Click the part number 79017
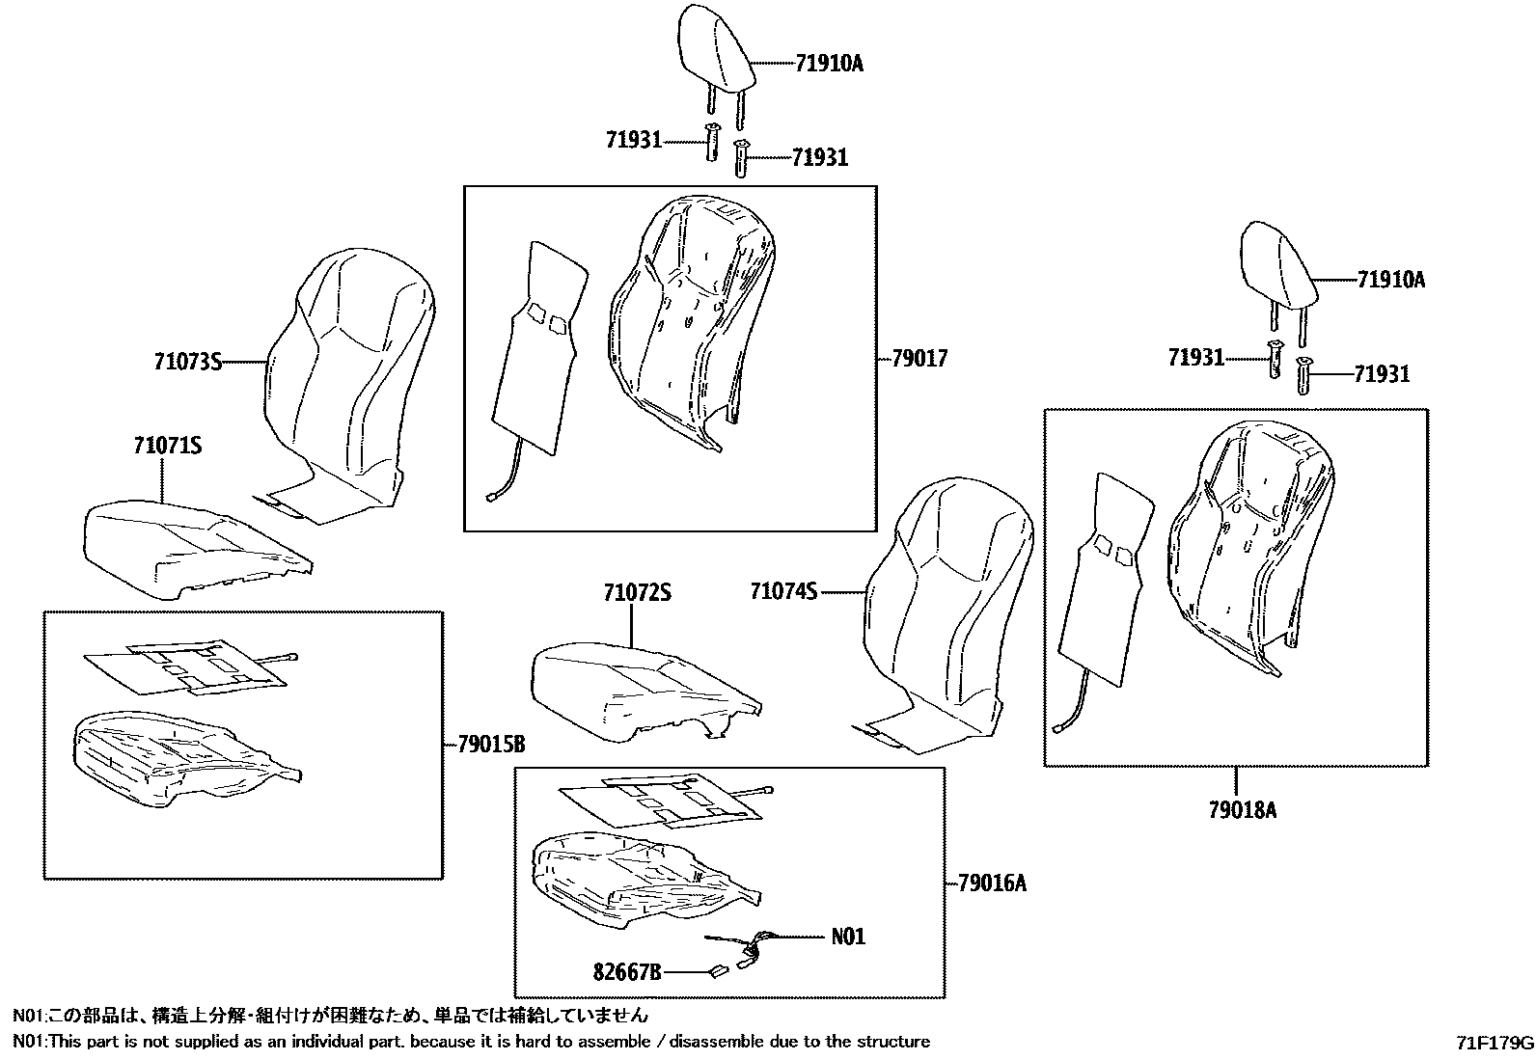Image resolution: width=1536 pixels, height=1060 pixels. coord(919,359)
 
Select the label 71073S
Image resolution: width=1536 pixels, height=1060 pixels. coord(187,363)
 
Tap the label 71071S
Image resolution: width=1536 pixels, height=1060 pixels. coord(167,446)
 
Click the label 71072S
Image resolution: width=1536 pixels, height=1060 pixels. coord(637,593)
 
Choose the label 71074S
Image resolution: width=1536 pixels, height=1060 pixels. coord(783,591)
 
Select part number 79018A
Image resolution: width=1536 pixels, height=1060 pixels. coord(1242,810)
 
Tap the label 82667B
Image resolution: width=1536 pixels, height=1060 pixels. coord(626,974)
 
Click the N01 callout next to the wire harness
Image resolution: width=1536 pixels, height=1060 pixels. coord(848,937)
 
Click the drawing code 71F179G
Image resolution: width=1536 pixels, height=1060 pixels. coord(1495,1044)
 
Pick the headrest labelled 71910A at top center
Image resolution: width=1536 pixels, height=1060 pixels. coord(717,43)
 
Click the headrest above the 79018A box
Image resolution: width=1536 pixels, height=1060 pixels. coord(1275,260)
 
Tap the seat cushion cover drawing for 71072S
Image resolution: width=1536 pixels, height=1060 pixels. coord(637,690)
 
